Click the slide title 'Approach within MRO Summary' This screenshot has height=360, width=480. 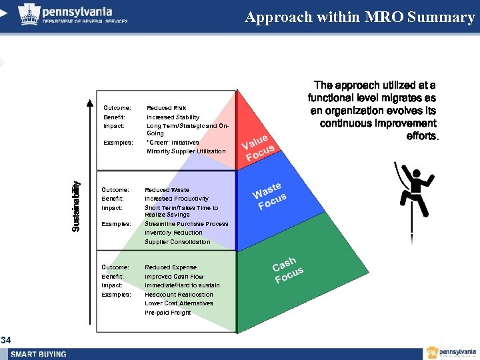(359, 17)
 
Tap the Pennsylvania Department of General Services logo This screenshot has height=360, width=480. (73, 14)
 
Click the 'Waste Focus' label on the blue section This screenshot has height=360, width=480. (269, 195)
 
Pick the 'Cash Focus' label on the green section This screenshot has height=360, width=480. (287, 269)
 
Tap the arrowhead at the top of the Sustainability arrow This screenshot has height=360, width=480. (87, 103)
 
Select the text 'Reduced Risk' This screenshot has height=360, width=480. (166, 108)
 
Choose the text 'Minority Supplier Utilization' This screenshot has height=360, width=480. (186, 151)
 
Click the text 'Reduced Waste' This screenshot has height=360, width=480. (166, 190)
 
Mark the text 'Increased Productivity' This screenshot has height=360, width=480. (177, 199)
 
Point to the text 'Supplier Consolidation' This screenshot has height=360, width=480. (177, 242)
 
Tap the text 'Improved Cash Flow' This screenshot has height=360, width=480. (174, 276)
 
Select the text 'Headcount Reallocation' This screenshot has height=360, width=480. (179, 294)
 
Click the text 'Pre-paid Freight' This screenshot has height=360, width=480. (167, 312)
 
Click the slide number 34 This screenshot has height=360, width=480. (5, 341)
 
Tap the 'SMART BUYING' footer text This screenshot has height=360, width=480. (38, 354)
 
